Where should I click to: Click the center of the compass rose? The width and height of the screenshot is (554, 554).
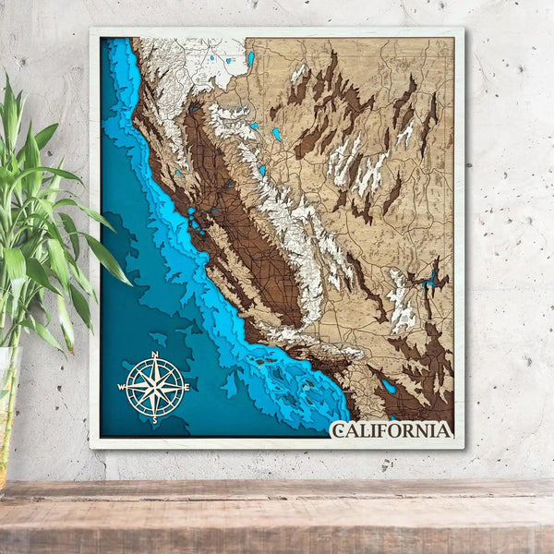(x=155, y=388)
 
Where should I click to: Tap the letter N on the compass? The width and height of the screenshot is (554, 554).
(x=154, y=355)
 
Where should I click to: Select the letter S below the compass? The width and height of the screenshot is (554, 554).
(x=155, y=420)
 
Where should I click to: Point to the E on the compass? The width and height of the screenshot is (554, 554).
(x=187, y=388)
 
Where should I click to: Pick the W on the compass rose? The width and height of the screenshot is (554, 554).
(x=122, y=388)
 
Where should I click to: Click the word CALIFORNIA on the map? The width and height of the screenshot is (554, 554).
(x=392, y=430)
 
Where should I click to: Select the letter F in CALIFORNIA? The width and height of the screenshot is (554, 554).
(x=384, y=430)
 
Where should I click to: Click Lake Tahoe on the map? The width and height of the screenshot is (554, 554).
(x=275, y=135)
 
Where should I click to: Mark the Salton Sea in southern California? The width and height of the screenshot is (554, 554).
(x=388, y=386)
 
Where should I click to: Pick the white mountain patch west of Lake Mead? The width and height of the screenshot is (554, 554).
(x=400, y=300)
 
